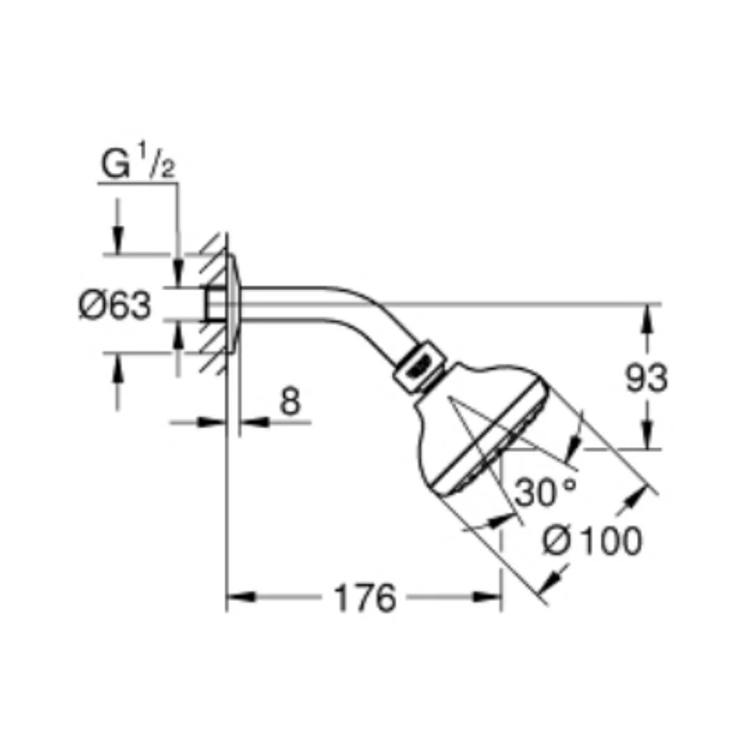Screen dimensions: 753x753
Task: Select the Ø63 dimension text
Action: coord(115,305)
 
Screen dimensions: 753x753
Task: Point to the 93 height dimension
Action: coord(646,377)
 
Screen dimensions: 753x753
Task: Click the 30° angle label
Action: coord(545,492)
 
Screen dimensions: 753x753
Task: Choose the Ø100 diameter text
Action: coord(592,541)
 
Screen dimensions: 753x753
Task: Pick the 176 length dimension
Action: coord(365,598)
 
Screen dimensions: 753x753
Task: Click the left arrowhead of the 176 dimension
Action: coord(240,598)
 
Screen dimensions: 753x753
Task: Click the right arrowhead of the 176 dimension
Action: coord(487,598)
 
